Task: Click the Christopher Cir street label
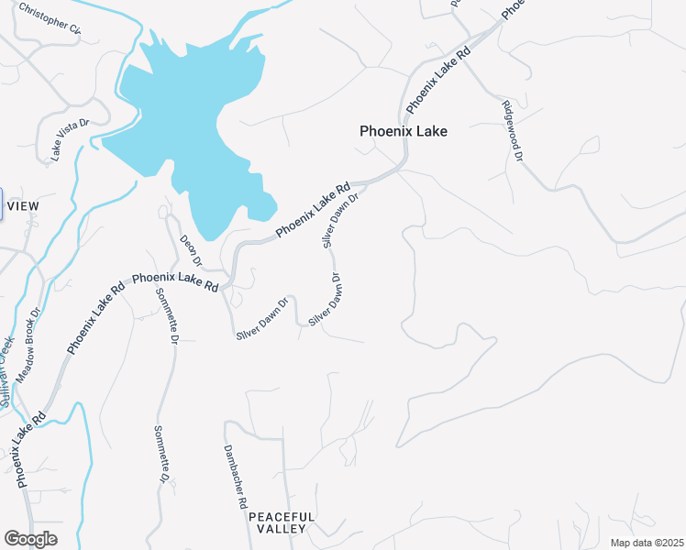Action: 50,19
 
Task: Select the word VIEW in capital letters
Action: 23,206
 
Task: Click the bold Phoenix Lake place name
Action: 404,131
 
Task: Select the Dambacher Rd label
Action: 236,477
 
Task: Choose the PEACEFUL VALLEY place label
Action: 282,523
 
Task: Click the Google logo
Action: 30,538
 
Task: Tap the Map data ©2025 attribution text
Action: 647,543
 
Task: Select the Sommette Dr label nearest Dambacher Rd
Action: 161,455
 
